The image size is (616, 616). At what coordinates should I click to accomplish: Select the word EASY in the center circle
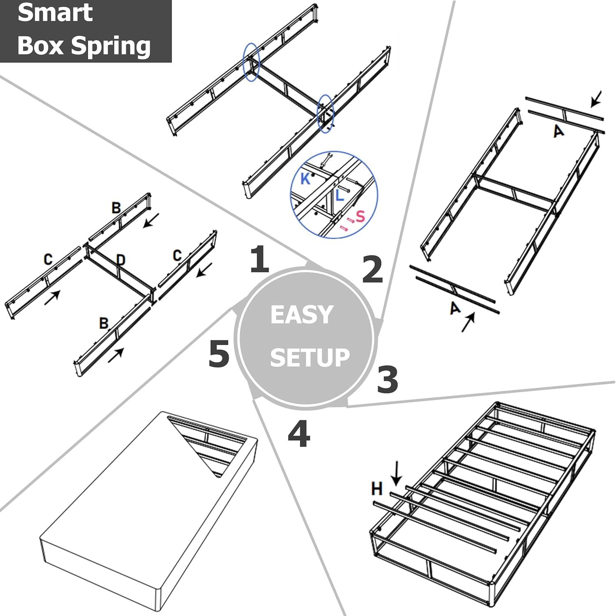click(302, 315)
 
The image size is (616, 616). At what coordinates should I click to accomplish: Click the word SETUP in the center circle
click(309, 357)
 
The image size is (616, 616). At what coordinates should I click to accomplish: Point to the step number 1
click(259, 259)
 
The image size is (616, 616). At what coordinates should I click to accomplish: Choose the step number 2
click(372, 269)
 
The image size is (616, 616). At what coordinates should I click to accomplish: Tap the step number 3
click(387, 379)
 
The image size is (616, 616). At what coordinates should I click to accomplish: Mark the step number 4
click(299, 434)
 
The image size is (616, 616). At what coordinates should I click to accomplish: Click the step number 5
click(219, 354)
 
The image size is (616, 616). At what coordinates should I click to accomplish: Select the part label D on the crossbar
click(120, 260)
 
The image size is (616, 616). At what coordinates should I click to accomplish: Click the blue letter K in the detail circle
click(305, 179)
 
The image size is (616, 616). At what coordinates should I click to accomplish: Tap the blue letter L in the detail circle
click(339, 195)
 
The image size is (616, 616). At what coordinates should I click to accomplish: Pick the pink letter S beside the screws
click(360, 216)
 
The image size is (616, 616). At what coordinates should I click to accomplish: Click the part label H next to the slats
click(377, 489)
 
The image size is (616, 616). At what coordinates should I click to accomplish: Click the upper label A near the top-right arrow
click(558, 131)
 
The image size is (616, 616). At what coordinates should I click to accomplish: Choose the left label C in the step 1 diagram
click(48, 259)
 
